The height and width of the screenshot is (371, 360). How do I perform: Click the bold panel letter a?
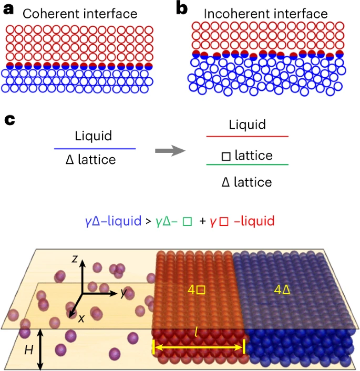click(x=8, y=10)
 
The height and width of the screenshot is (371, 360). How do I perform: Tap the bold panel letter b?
click(x=182, y=9)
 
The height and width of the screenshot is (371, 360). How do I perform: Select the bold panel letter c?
click(x=9, y=120)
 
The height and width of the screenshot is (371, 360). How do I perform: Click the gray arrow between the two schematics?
click(x=170, y=151)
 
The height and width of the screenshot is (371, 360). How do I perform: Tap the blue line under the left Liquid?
click(x=95, y=149)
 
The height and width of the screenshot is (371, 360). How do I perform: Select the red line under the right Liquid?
click(x=248, y=137)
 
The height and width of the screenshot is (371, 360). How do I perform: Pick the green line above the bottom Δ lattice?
click(x=248, y=164)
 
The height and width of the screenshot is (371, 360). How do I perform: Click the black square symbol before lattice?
click(x=226, y=157)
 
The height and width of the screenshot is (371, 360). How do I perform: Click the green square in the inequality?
click(x=187, y=221)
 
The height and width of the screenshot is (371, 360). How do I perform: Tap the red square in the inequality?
click(x=224, y=221)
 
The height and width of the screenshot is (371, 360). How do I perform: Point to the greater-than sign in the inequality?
click(x=148, y=221)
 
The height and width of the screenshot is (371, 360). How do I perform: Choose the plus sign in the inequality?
click(x=203, y=221)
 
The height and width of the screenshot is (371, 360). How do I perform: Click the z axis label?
click(x=75, y=259)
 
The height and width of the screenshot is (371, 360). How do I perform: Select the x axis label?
click(x=81, y=318)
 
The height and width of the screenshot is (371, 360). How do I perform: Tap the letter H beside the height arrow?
click(x=29, y=350)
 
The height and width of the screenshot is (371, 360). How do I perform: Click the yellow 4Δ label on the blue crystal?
click(x=282, y=290)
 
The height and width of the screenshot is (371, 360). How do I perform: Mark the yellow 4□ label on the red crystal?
click(x=196, y=290)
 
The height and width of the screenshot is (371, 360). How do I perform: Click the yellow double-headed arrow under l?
click(x=199, y=347)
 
